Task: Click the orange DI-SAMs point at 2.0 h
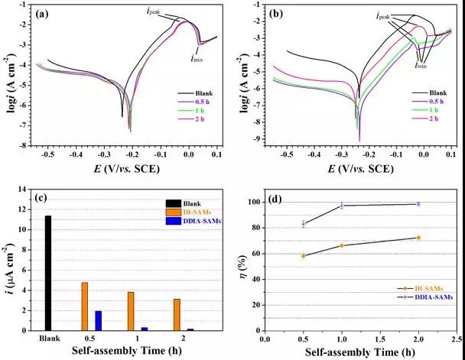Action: (418, 238)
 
